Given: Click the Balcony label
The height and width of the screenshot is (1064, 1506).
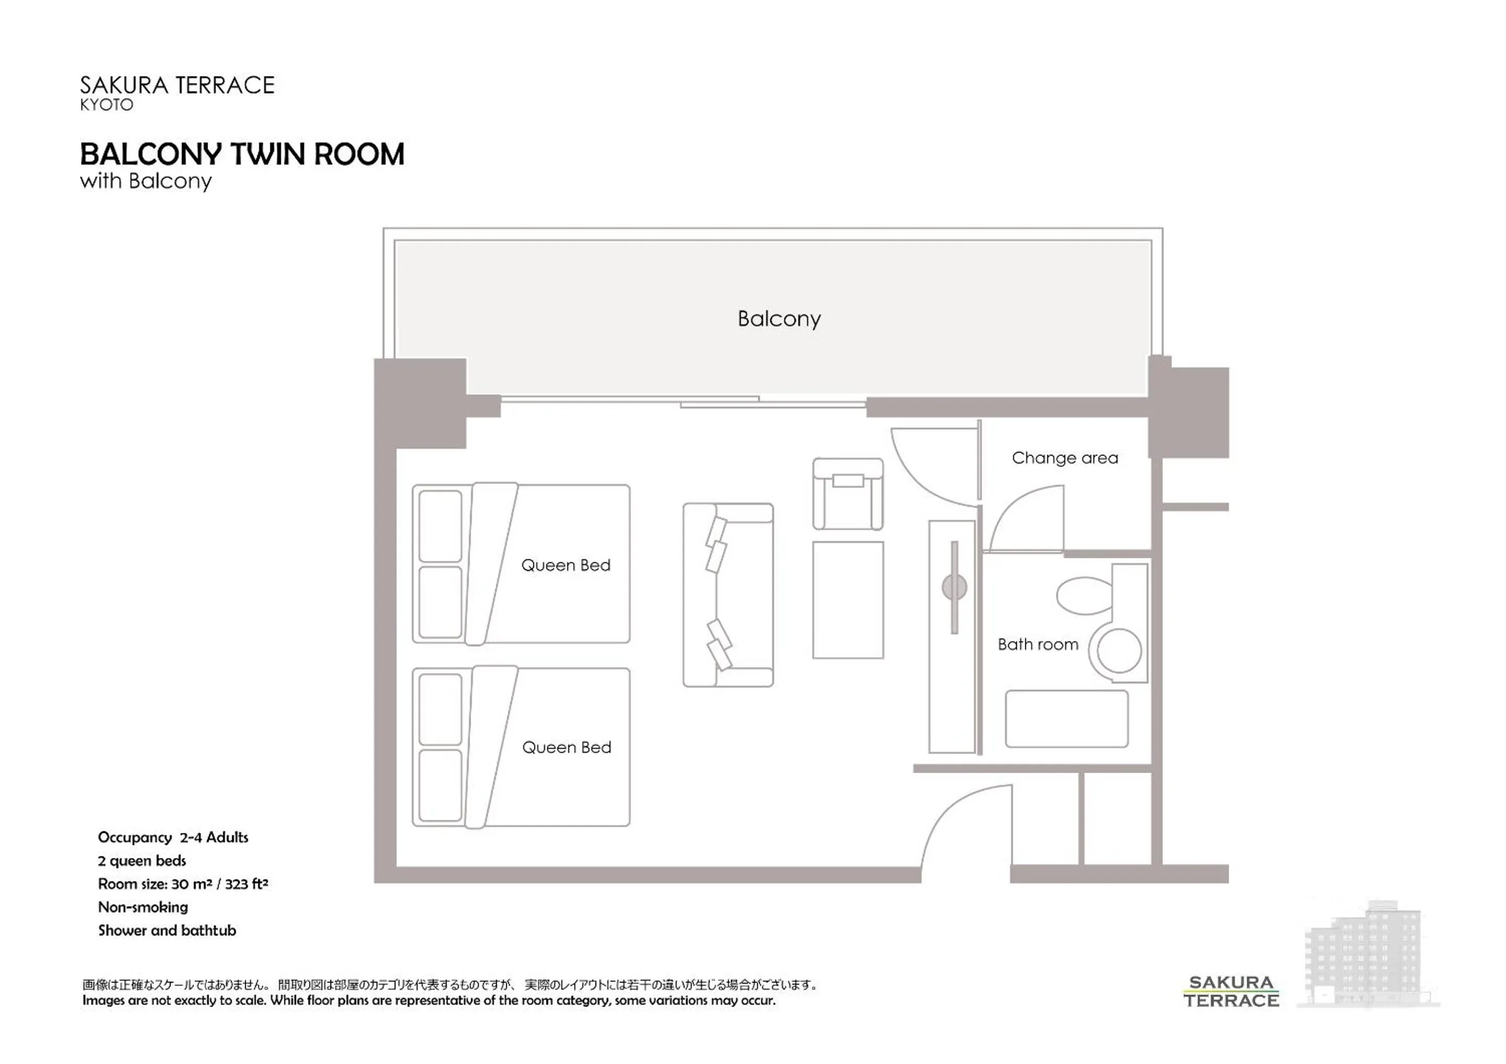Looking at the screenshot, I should coord(779,319).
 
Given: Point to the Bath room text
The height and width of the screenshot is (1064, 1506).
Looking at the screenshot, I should coord(1037,644).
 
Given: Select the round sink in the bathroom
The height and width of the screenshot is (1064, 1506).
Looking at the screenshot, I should coord(1119,651).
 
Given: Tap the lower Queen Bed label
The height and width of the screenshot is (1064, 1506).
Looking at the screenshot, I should coord(566,747).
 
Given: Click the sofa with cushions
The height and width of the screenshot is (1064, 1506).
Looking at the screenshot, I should coord(727,595).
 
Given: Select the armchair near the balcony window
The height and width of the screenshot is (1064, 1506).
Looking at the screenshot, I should coord(848,493).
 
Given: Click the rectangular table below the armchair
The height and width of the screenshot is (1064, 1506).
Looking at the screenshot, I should coord(848,600).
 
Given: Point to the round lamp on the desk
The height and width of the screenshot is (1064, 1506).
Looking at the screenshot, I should coord(954,587).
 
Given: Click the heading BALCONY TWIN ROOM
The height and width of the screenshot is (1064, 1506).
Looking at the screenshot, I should coord(242,155).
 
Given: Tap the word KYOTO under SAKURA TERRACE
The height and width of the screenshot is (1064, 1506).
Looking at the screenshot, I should coord(106,105).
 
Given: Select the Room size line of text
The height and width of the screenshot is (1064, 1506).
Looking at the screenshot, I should coord(183,884).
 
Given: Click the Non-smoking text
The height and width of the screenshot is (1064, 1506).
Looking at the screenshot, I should coord(143,907).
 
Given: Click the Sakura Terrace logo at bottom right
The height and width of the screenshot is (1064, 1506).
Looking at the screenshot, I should coord(1230,991).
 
